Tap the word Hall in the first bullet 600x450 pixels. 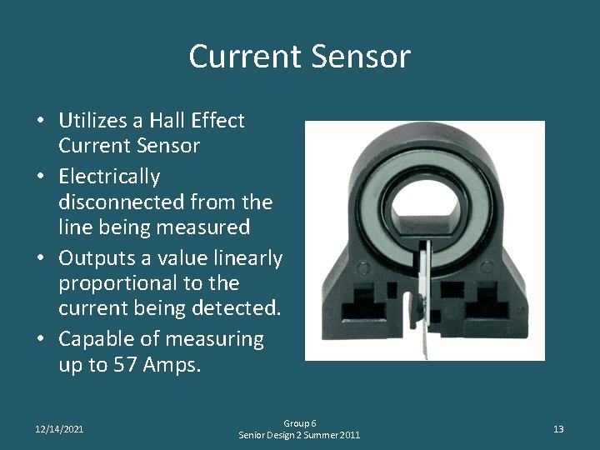(177, 121)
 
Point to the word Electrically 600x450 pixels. (109, 177)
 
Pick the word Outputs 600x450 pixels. (95, 257)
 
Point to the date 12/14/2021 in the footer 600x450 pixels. (59, 429)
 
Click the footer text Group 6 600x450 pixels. (300, 423)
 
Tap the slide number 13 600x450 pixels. (558, 429)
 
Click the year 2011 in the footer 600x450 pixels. (347, 436)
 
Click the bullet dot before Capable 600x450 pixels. (41, 340)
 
